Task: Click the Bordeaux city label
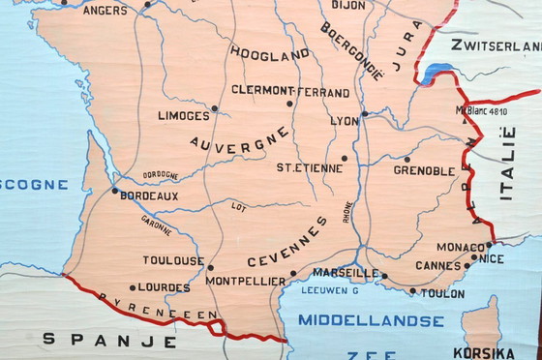click(150, 195)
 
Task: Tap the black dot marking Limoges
click(215, 108)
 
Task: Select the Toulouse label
click(173, 260)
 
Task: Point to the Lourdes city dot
click(132, 287)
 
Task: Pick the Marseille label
click(346, 272)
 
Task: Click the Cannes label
click(438, 266)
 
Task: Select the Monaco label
click(460, 247)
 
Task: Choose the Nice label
click(491, 258)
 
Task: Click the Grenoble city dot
click(407, 160)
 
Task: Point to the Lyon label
click(344, 121)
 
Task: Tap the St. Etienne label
click(309, 167)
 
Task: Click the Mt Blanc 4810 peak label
click(481, 111)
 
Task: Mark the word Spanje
click(109, 340)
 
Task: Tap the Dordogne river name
click(160, 175)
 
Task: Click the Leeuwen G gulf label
click(330, 290)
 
